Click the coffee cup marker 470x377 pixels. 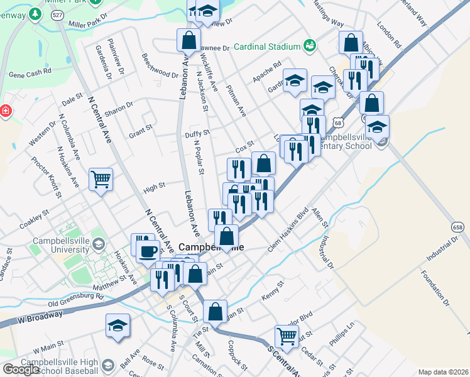tap(148, 251)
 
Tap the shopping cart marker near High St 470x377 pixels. tap(101, 180)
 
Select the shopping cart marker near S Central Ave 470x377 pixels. tap(287, 336)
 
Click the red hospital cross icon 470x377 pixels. tap(6, 111)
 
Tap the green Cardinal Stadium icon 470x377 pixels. tap(309, 45)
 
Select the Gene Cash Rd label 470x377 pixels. tap(30, 74)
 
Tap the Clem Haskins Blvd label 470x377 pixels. tap(288, 230)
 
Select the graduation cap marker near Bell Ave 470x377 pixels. tap(117, 325)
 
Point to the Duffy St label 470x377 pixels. tap(196, 133)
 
